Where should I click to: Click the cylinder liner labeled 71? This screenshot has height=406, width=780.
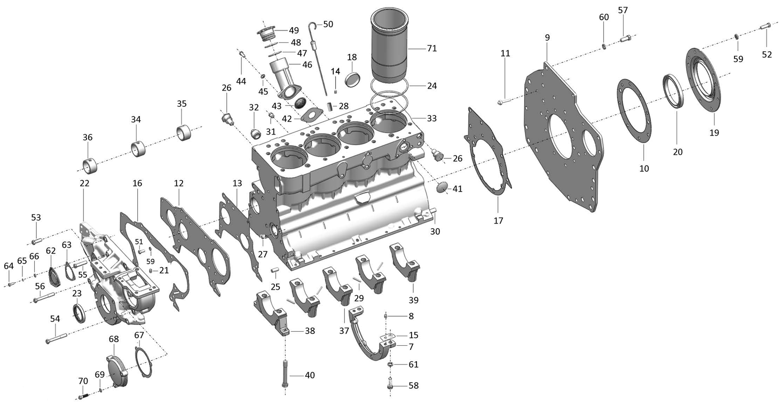(389, 45)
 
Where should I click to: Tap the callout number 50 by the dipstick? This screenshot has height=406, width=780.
(328, 24)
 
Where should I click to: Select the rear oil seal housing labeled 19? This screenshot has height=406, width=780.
(703, 81)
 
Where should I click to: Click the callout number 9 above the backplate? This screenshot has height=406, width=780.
(547, 37)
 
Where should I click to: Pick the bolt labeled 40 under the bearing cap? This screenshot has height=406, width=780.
(285, 373)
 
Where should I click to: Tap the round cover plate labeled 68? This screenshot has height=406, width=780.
(117, 370)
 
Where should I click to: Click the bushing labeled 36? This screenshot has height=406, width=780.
(90, 165)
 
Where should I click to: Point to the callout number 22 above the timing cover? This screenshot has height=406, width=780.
(84, 183)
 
